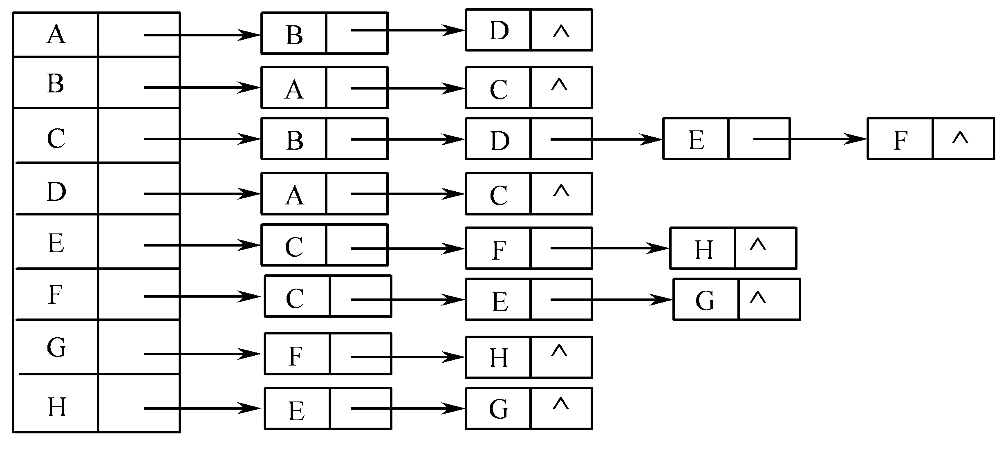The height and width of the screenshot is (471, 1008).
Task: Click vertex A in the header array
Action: pyautogui.click(x=56, y=34)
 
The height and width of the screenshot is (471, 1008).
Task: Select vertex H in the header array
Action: pyautogui.click(x=56, y=407)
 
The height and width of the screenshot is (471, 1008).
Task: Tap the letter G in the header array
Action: pyautogui.click(x=56, y=348)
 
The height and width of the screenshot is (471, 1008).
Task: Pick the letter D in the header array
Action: pyautogui.click(x=56, y=192)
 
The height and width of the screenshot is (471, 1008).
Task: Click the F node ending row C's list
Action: pyautogui.click(x=931, y=139)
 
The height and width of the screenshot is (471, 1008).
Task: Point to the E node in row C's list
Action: pyautogui.click(x=726, y=139)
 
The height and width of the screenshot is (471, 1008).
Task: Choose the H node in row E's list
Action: pyautogui.click(x=733, y=248)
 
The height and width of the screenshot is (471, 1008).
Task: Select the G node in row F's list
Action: pyautogui.click(x=737, y=299)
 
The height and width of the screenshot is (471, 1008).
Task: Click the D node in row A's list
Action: pyautogui.click(x=529, y=30)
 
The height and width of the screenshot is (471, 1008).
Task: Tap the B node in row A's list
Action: pyautogui.click(x=325, y=33)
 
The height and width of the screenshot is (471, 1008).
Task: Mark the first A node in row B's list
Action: pyautogui.click(x=325, y=87)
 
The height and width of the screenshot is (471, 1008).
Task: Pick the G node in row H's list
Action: pyautogui.click(x=529, y=408)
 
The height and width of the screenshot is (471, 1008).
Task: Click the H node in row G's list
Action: pyautogui.click(x=529, y=357)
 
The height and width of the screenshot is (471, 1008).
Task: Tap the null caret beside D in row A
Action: pyautogui.click(x=561, y=31)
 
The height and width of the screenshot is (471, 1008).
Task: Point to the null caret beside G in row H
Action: pyautogui.click(x=561, y=404)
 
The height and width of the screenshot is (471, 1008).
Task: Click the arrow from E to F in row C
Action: pyautogui.click(x=810, y=139)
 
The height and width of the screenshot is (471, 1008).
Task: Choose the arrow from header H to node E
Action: pyautogui.click(x=202, y=408)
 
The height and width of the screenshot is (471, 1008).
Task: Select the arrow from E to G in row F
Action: pyautogui.click(x=612, y=300)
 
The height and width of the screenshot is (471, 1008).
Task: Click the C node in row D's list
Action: pyautogui.click(x=529, y=193)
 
